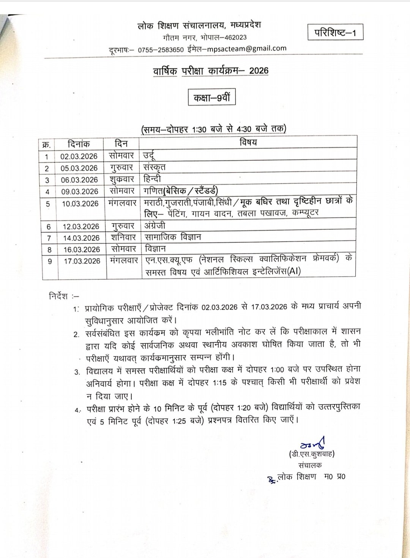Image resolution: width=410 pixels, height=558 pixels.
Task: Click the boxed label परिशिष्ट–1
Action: point(335,33)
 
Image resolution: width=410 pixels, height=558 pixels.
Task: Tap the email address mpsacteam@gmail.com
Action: point(245,48)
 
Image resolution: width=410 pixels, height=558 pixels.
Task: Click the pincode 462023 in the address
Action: point(230,37)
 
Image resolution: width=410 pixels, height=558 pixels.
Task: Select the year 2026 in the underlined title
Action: point(259,71)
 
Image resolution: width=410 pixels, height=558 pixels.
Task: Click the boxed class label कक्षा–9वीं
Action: point(212,98)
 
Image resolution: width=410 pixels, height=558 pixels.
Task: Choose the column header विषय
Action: point(248,142)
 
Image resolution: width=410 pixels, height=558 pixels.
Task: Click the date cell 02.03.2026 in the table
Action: point(79,156)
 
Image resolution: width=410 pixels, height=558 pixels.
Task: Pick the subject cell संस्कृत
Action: point(155,167)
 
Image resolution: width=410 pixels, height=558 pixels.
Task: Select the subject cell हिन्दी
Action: point(153,179)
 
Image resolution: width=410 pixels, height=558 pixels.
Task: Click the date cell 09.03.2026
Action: point(80,191)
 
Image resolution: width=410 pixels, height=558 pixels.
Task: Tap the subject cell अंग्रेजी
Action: point(155,226)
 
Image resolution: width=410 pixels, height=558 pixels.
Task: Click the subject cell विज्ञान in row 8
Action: point(155,249)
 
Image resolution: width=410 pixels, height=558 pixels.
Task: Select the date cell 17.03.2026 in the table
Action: point(82,261)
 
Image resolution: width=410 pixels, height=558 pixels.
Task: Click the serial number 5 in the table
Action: point(48,204)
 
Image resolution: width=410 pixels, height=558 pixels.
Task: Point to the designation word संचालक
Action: point(310,465)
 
